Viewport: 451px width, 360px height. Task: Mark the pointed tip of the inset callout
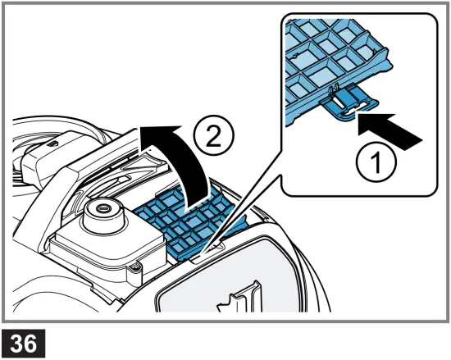coord(210,247)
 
